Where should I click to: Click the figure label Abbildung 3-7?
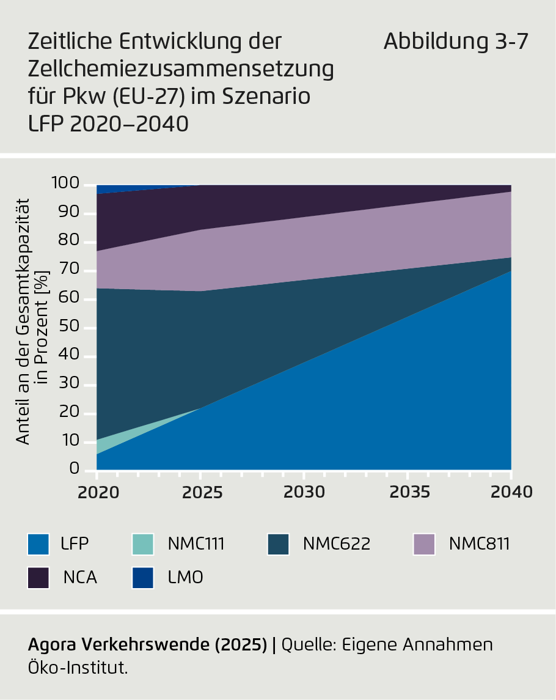pos(455,42)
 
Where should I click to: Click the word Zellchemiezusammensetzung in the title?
pos(181,69)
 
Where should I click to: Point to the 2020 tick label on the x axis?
pos(98,492)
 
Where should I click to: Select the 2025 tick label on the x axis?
pos(200,492)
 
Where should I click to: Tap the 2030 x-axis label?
pos(304,492)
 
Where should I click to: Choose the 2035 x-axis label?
pos(408,492)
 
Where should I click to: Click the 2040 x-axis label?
pos(511,492)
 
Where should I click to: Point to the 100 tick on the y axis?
pos(65,183)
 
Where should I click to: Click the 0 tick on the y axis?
pos(75,470)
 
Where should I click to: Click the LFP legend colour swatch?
pos(38,543)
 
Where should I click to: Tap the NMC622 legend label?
pos(336,543)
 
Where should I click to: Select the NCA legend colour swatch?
pos(38,577)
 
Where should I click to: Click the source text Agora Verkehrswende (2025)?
pos(148,644)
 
